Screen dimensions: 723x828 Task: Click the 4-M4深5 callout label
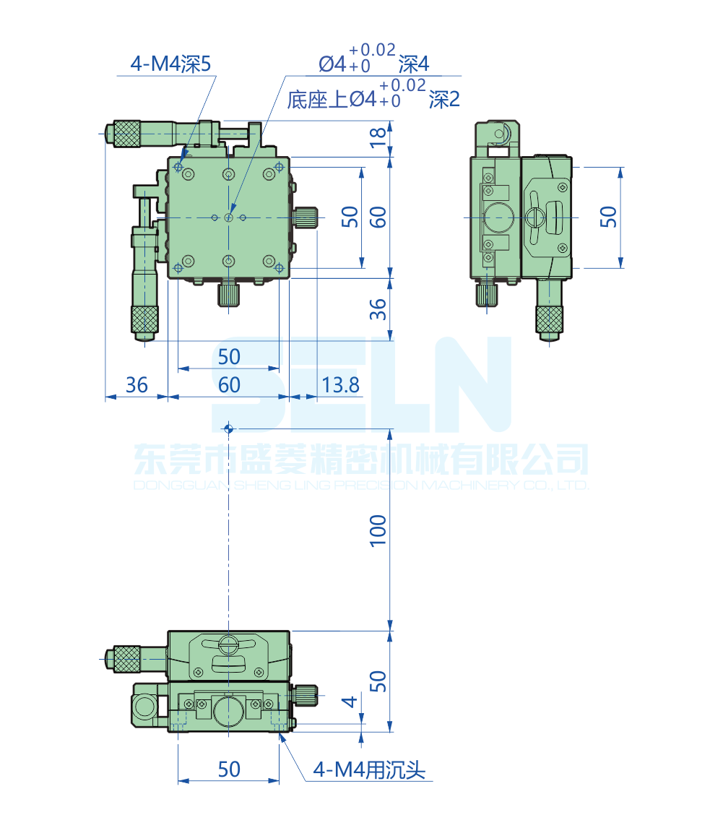coord(170,64)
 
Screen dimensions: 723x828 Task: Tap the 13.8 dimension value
coord(340,385)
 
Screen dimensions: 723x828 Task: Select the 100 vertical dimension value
coord(378,530)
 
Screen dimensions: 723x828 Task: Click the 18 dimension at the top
coord(378,138)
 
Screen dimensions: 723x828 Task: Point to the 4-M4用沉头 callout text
coord(369,770)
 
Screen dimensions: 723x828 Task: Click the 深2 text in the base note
coord(443,99)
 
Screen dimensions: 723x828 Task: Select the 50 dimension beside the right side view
coord(608,217)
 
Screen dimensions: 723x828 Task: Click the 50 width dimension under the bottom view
coord(229,769)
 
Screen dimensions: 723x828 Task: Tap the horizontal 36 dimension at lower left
coord(137,385)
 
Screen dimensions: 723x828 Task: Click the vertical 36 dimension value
coord(378,309)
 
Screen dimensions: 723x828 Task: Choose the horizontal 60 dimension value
coord(229,385)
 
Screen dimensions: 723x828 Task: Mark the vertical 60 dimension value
coord(378,217)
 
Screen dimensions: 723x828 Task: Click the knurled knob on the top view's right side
coord(306,217)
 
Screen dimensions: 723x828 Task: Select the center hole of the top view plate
coord(228,217)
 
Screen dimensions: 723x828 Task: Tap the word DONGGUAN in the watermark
coord(181,485)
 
